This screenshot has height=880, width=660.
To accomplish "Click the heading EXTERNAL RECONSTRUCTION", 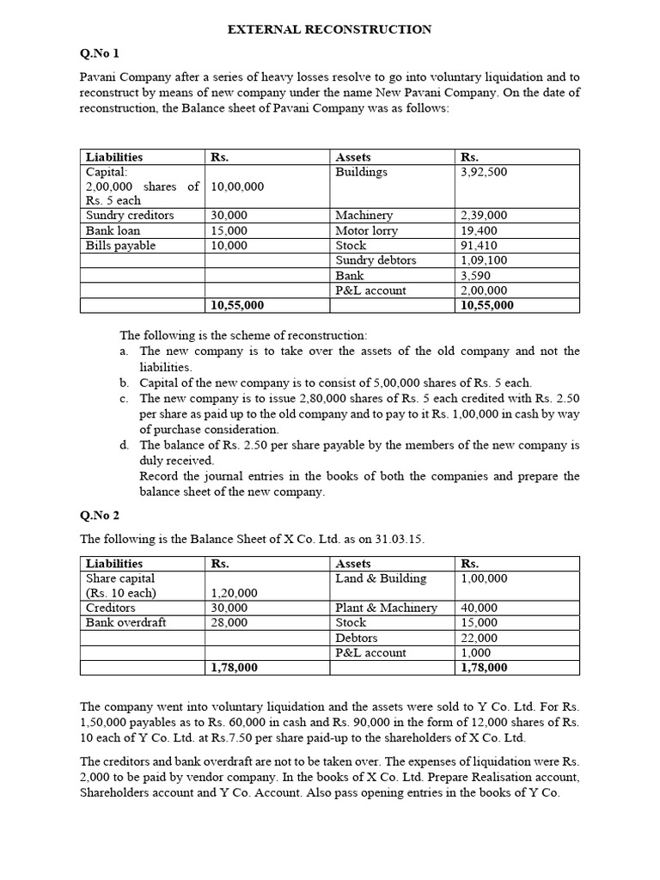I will point(329,30).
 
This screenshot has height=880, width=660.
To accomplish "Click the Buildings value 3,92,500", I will point(484,172).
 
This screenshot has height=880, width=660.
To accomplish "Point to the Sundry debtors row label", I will point(376,260).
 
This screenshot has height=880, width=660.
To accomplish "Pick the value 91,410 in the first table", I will point(479,246).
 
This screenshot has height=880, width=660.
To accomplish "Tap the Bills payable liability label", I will point(120,246).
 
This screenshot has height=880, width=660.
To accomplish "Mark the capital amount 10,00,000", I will point(237,186).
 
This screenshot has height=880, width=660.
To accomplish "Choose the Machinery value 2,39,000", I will point(484,216).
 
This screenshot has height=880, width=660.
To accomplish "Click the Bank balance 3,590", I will point(475,276).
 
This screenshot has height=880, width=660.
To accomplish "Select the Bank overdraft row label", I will point(125,622).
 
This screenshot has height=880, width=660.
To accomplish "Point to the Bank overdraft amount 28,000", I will point(229,622).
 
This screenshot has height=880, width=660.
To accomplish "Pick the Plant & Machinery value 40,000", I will point(480,608).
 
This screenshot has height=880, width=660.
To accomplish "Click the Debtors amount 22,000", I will point(480,638).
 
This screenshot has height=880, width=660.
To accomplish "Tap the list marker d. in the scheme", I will point(125,445).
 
